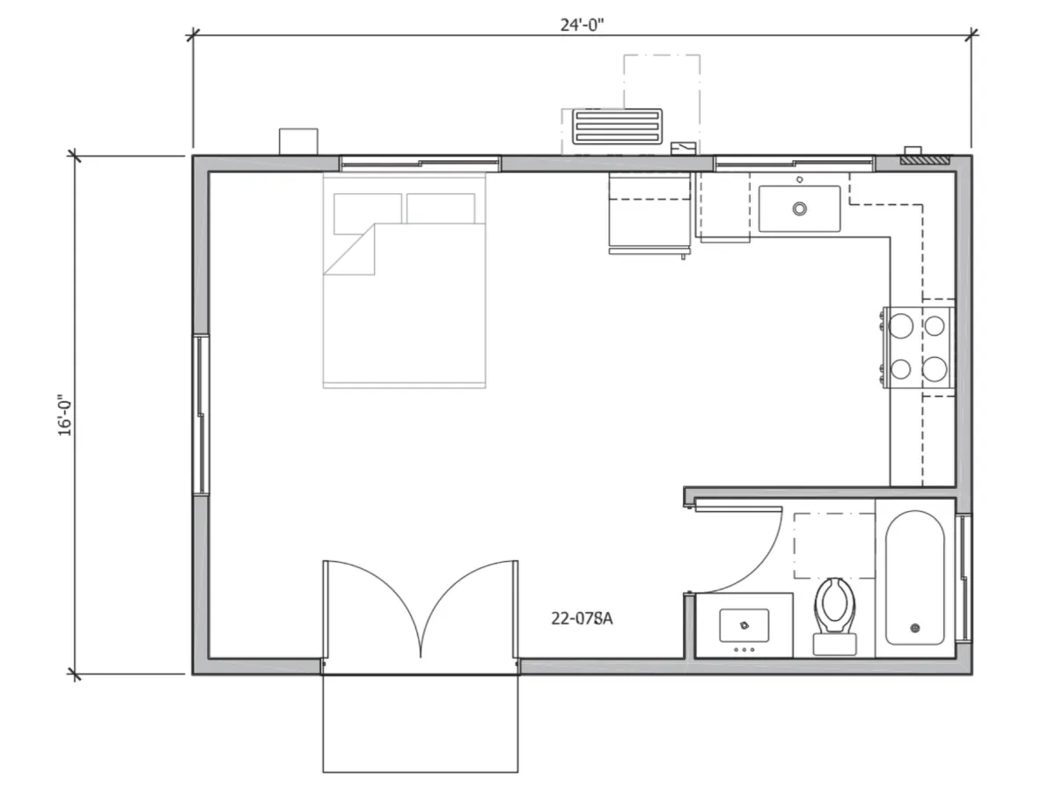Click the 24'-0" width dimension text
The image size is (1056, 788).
click(582, 25)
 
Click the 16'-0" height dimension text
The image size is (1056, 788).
click(64, 416)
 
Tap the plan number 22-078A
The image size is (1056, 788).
click(582, 618)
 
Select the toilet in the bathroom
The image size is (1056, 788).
click(835, 617)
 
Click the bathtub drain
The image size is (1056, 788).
click(915, 628)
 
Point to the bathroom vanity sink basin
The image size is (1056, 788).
click(744, 625)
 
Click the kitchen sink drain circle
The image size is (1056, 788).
click(800, 208)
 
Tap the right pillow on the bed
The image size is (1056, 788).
click(441, 208)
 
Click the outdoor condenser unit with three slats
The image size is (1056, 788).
click(617, 127)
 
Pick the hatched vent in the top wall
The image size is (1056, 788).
click(925, 159)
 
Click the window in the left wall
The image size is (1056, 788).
click(202, 414)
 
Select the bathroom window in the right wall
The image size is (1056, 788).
click(963, 578)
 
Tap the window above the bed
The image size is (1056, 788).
click(420, 164)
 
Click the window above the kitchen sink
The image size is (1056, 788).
click(794, 164)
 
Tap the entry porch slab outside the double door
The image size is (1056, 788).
click(420, 724)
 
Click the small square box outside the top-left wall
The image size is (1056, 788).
click(298, 142)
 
